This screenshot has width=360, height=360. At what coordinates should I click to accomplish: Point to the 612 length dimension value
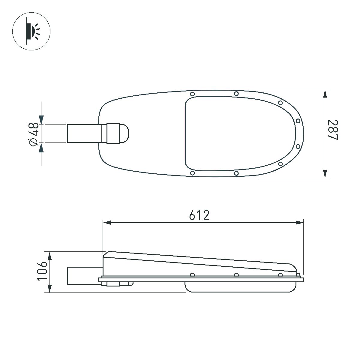199,215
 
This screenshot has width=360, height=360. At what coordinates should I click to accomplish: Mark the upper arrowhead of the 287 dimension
325,95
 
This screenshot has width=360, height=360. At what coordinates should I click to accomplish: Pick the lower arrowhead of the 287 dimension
325,173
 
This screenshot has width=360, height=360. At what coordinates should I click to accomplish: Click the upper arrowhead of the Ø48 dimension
41,120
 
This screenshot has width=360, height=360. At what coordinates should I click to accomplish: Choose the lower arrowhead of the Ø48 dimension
41,147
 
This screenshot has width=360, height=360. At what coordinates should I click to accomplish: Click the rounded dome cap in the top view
125,133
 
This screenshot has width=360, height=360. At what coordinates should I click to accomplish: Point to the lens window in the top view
237,133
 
